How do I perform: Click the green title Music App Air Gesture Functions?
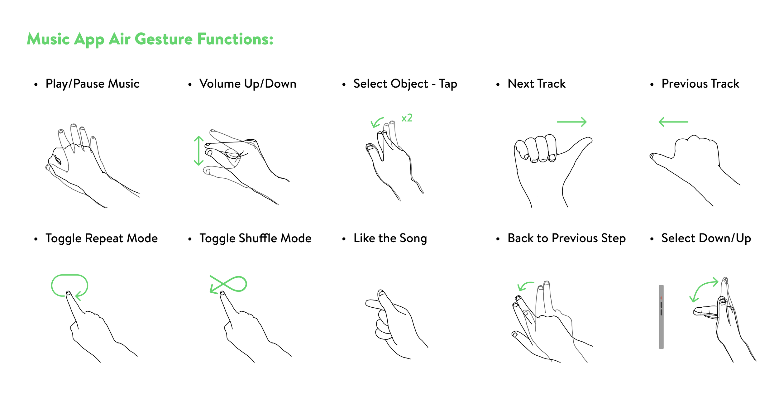point(150,40)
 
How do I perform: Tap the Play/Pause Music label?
point(93,84)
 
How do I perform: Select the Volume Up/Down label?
point(248,84)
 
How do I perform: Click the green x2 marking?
point(407,118)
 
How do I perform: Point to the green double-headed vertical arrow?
point(199,151)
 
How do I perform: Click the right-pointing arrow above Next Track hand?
point(571,122)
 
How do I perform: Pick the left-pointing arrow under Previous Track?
point(673,122)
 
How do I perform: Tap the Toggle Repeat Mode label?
point(102,238)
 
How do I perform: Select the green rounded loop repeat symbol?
point(69,275)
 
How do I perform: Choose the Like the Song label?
point(390,238)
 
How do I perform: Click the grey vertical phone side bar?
point(661,317)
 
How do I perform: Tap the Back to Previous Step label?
point(566,238)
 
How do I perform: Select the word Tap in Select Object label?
point(448,84)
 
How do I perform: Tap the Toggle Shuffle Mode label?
point(256,238)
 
